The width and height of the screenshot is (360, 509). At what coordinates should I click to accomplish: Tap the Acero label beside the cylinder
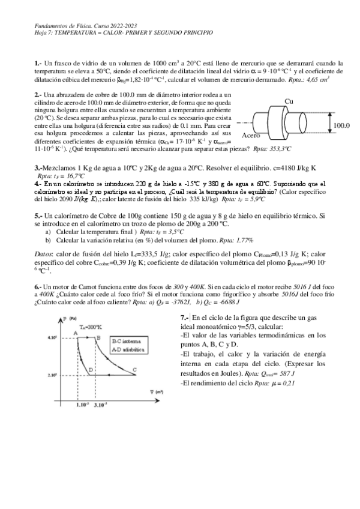(251, 136)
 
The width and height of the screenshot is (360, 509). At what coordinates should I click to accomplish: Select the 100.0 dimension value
(341, 125)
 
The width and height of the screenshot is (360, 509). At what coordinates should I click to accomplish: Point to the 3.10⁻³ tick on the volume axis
(102, 406)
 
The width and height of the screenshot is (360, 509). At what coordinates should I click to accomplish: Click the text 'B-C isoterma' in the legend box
(128, 341)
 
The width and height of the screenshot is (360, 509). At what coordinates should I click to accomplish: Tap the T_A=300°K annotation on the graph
(90, 327)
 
